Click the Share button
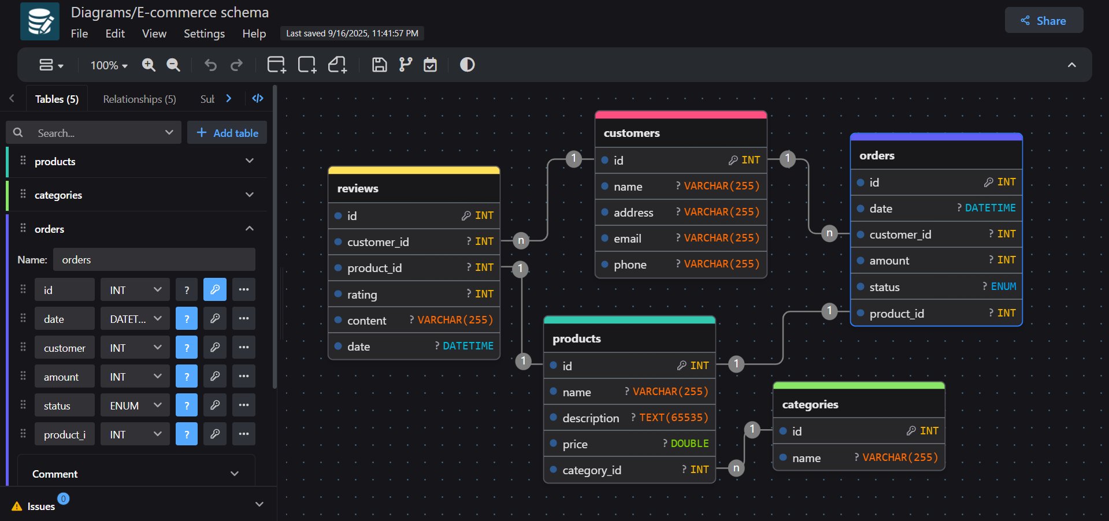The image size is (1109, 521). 1044,21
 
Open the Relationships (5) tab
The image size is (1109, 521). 139,99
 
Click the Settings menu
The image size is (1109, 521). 204,34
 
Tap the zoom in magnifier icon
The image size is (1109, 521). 149,65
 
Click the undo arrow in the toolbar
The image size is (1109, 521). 210,65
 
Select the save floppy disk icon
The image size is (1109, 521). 379,65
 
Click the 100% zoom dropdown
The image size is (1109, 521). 109,65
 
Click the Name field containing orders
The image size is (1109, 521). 154,260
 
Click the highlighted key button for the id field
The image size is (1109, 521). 214,290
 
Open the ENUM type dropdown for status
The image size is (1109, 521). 135,405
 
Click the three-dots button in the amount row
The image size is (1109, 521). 244,377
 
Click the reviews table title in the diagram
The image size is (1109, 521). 358,188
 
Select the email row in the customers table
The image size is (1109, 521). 680,239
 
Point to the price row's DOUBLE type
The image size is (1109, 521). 689,444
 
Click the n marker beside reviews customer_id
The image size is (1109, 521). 521,240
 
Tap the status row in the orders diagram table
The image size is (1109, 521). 936,287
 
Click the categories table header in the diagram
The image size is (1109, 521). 810,404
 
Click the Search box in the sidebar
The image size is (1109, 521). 95,133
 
